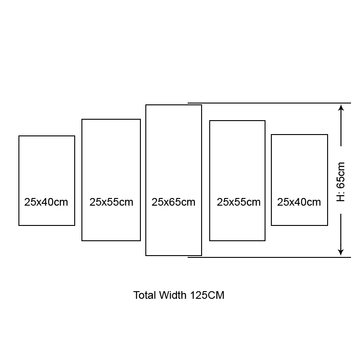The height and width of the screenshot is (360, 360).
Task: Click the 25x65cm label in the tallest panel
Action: (x=173, y=202)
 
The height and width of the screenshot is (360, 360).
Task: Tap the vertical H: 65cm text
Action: (x=341, y=182)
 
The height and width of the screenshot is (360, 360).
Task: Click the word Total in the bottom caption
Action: (x=145, y=295)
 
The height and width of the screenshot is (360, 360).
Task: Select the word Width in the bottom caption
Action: (x=173, y=295)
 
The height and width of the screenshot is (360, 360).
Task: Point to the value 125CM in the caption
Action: (x=207, y=295)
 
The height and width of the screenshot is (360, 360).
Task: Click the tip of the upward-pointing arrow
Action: (x=341, y=105)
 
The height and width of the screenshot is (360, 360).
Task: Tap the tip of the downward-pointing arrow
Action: (x=341, y=255)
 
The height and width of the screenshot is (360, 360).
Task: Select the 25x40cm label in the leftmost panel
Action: (x=46, y=202)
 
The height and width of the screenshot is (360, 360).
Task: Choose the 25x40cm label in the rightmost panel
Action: (x=299, y=202)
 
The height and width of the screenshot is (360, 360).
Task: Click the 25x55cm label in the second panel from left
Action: (x=111, y=202)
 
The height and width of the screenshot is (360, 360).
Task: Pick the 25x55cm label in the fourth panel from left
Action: (x=238, y=202)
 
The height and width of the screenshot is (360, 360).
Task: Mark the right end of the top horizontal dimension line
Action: (x=351, y=103)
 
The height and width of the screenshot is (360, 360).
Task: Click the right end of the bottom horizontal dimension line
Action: (x=351, y=257)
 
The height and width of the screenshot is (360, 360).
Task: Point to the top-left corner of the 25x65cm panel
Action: (x=146, y=105)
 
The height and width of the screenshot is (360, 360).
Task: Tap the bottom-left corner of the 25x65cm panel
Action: (x=146, y=255)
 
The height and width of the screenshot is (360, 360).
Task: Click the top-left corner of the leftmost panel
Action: (x=19, y=136)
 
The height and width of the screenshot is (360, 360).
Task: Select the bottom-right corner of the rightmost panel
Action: (x=328, y=225)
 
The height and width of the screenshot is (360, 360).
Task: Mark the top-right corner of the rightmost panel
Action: (x=328, y=135)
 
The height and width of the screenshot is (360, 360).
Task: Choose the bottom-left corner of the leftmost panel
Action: (x=19, y=225)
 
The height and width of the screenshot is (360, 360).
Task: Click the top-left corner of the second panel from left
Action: (x=82, y=119)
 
